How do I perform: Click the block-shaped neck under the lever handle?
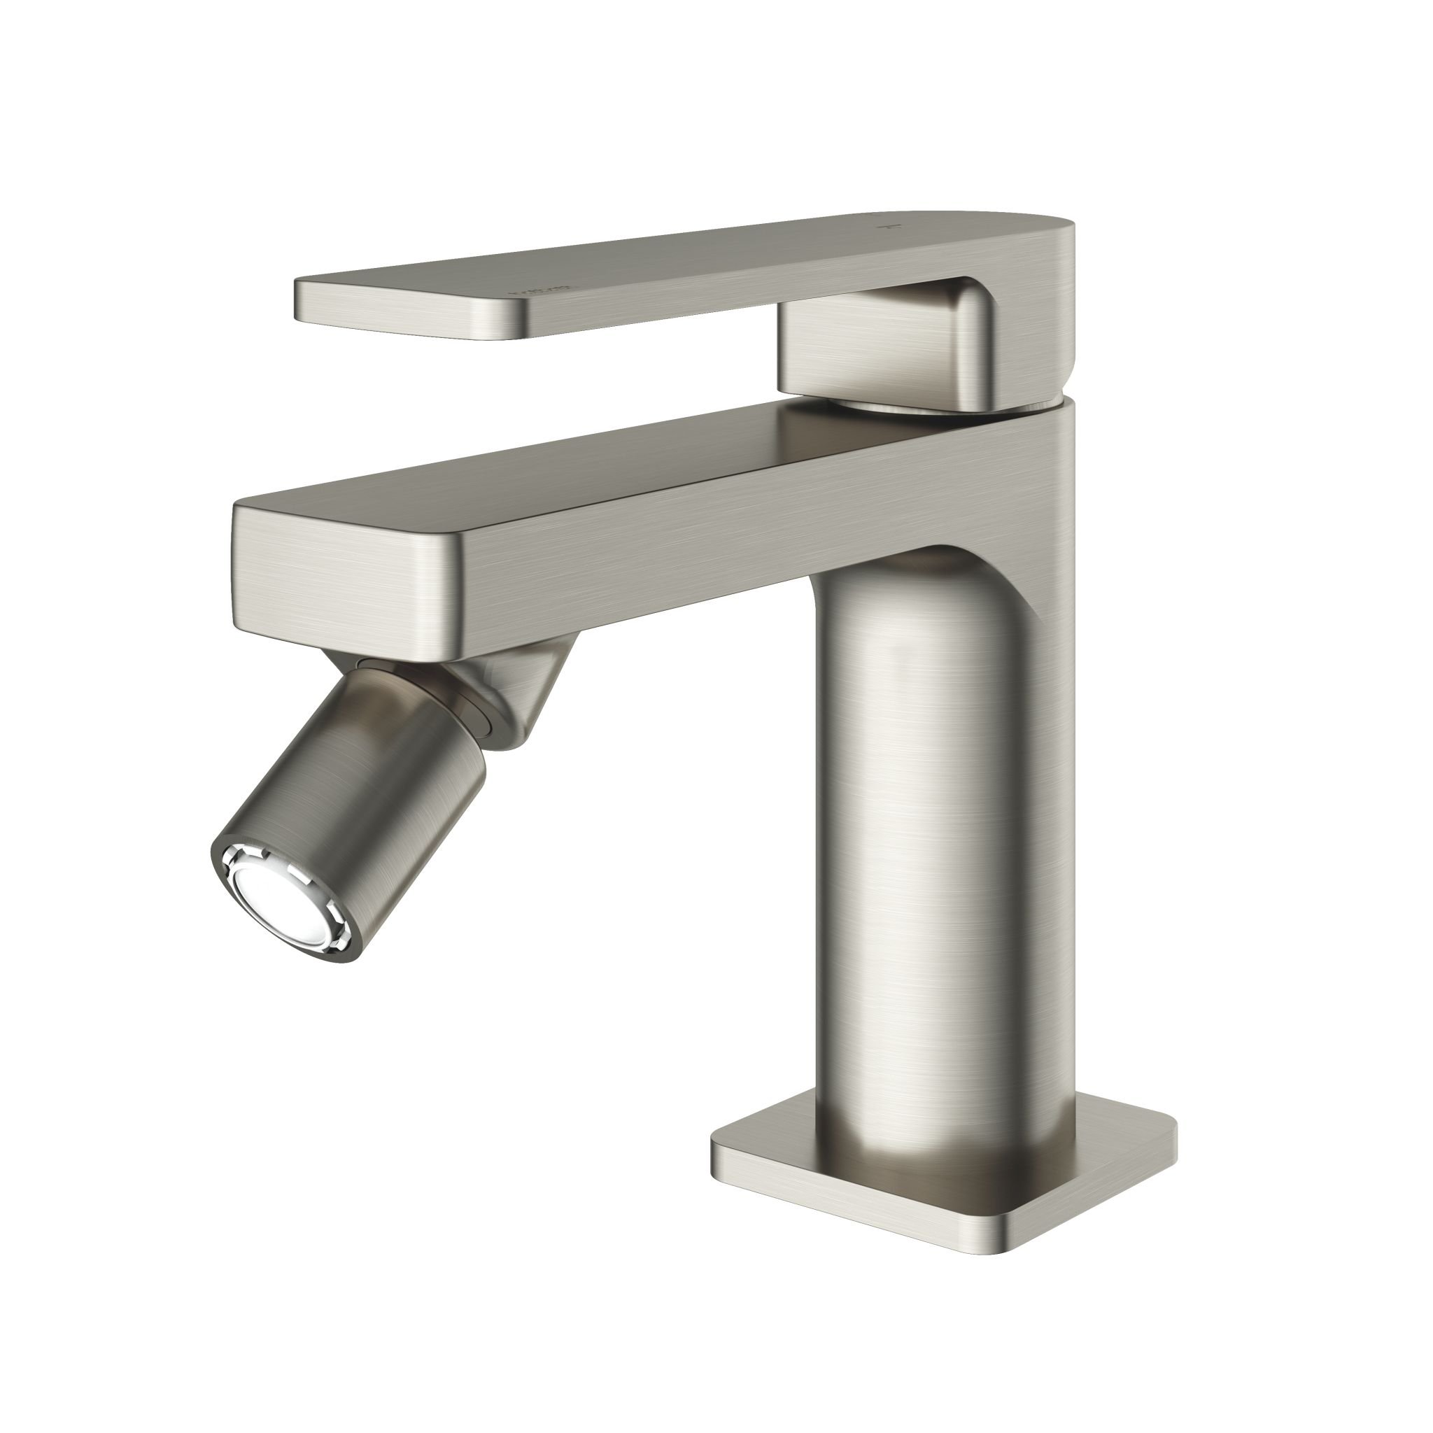coord(882,348)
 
